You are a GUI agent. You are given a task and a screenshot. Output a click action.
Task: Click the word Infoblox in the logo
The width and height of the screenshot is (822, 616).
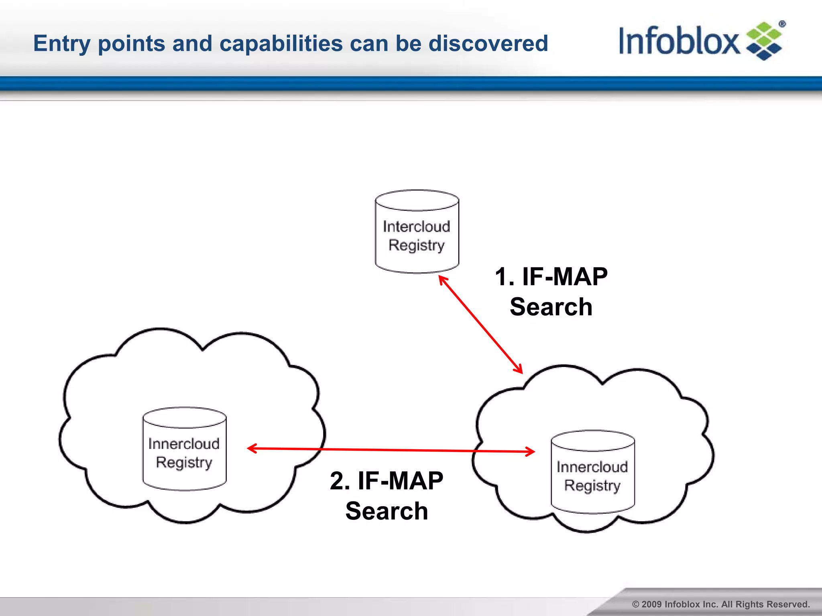[x=678, y=41]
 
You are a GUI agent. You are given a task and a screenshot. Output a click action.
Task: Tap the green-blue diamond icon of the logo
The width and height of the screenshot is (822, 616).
[x=764, y=41]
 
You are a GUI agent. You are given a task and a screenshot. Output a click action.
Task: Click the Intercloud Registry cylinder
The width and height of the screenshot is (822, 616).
[x=417, y=232]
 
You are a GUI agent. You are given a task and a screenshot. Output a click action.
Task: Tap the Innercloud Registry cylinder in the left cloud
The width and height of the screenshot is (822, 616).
[x=184, y=449]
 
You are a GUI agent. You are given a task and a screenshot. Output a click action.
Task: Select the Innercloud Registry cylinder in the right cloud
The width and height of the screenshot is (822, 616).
[x=593, y=472]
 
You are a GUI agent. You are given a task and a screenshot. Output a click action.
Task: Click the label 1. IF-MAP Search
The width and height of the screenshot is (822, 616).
[x=551, y=292]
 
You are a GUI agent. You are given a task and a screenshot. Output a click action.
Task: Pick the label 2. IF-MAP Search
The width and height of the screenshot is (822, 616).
[x=387, y=496]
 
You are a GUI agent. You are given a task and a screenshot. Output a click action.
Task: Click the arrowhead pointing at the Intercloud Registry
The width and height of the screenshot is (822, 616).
[x=442, y=279]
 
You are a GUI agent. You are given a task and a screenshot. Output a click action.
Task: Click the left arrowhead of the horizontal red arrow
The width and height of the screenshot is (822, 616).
[x=251, y=448]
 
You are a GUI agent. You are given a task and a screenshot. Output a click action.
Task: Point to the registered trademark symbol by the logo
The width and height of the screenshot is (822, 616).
[x=782, y=24]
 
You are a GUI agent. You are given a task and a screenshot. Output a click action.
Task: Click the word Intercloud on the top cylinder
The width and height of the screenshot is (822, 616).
[x=416, y=227]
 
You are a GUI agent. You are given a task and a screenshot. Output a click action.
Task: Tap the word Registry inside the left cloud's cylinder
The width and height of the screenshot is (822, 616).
[x=184, y=462]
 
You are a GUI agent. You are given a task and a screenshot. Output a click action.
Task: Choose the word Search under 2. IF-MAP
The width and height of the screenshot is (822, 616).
[x=387, y=511]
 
